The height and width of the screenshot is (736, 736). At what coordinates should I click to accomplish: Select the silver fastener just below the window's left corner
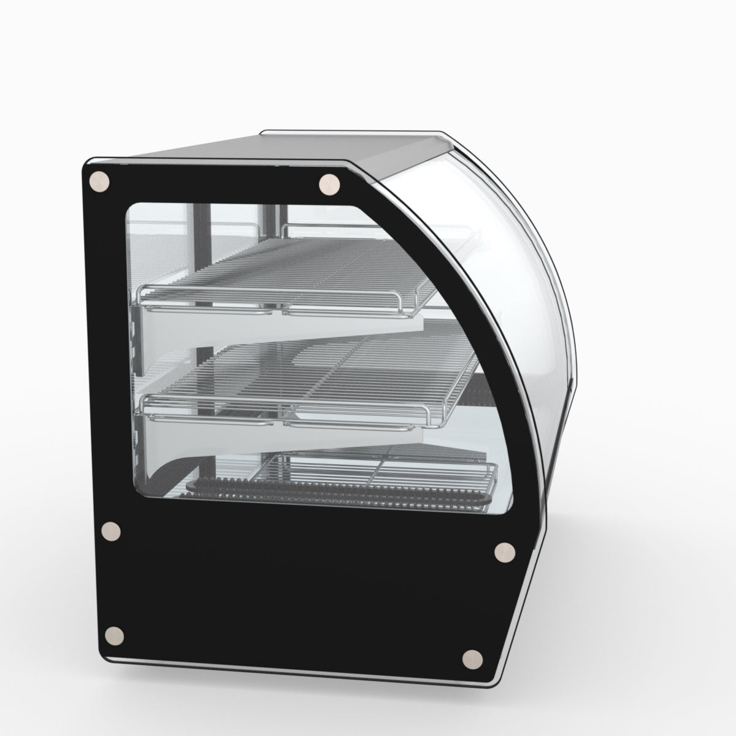pyautogui.click(x=112, y=532)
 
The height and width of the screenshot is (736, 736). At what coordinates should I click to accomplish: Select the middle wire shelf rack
pyautogui.click(x=307, y=374)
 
